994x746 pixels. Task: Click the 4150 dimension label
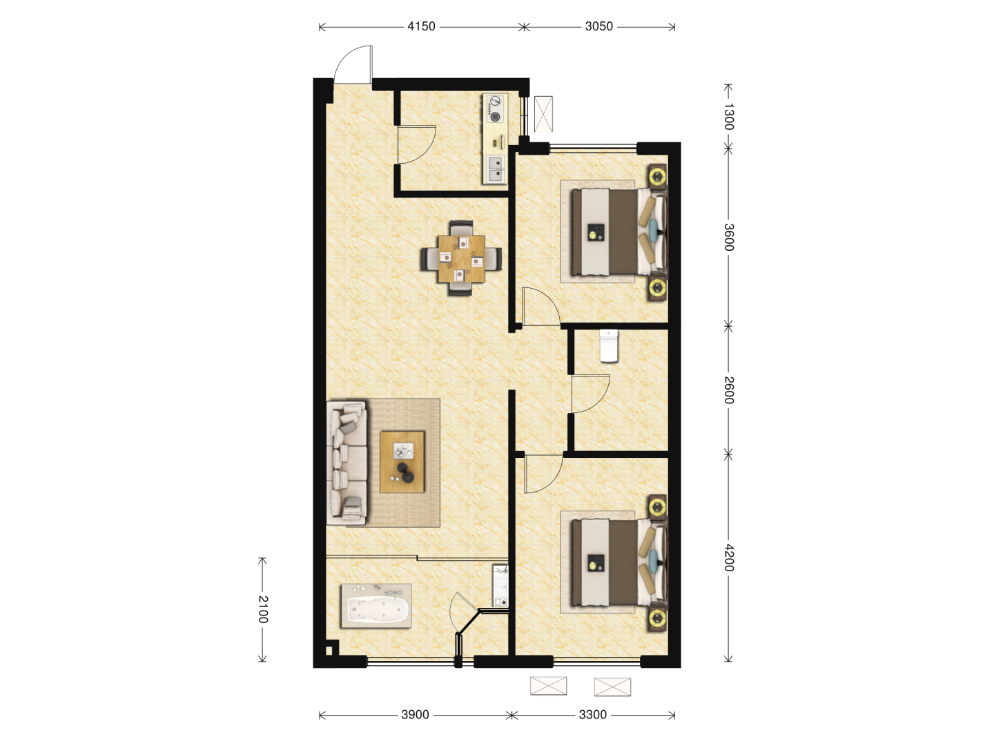[421, 27]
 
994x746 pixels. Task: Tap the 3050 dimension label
[598, 27]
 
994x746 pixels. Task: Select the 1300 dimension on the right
[728, 117]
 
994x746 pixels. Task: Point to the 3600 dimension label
[728, 237]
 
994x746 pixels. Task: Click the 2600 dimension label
[728, 390]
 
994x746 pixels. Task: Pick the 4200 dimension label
[728, 557]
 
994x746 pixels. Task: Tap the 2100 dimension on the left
[263, 610]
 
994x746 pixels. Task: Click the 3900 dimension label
[415, 715]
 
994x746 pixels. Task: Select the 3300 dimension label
[592, 715]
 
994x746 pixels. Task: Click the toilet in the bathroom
[609, 345]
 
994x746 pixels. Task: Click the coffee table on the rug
[402, 461]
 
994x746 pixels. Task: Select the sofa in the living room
[347, 463]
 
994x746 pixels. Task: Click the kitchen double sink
[496, 169]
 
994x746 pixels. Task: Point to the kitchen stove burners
[496, 108]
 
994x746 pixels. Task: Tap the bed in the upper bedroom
[618, 232]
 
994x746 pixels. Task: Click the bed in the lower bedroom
[618, 562]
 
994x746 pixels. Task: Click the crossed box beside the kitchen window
[543, 114]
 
